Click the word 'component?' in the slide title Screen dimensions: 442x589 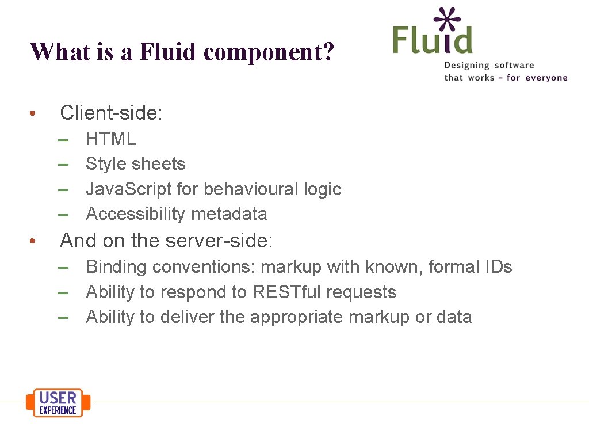pyautogui.click(x=269, y=52)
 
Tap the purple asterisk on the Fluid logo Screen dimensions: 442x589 pyautogui.click(x=447, y=20)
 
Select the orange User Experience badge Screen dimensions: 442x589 pyautogui.click(x=58, y=402)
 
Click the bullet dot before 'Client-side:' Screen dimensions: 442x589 pyautogui.click(x=34, y=113)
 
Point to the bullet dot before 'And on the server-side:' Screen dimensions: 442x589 pyautogui.click(x=34, y=241)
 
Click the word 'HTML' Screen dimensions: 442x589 pyautogui.click(x=111, y=139)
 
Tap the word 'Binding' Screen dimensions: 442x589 pyautogui.click(x=117, y=267)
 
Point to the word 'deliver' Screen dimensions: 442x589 pyautogui.click(x=188, y=317)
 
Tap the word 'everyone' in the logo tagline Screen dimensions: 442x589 pyautogui.click(x=544, y=78)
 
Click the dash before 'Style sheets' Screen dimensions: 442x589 pyautogui.click(x=64, y=164)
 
